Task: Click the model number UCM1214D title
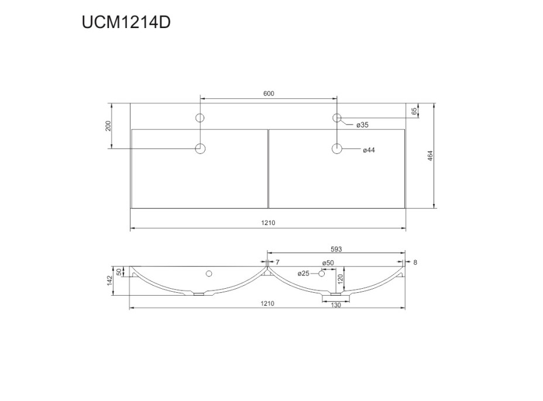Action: point(126,23)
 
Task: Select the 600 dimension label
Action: point(269,94)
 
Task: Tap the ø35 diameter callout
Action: point(363,125)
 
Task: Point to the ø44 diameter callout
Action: point(369,150)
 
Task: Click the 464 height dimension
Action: point(431,156)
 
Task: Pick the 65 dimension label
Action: point(414,112)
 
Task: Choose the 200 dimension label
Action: point(108,126)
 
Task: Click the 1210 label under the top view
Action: point(268,223)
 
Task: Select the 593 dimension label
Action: point(336,249)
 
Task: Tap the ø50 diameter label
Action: point(328,262)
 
